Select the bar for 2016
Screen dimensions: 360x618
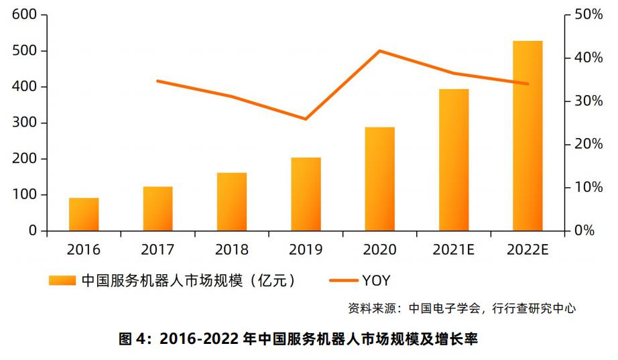coord(84,214)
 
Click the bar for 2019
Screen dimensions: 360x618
coord(306,194)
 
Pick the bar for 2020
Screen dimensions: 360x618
coord(379,178)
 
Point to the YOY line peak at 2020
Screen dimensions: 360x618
coord(380,51)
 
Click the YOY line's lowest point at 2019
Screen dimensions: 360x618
coord(306,119)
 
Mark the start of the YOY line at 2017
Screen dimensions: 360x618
coord(158,81)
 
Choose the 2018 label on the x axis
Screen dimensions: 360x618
coord(231,250)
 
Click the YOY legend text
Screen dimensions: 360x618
coord(376,280)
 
